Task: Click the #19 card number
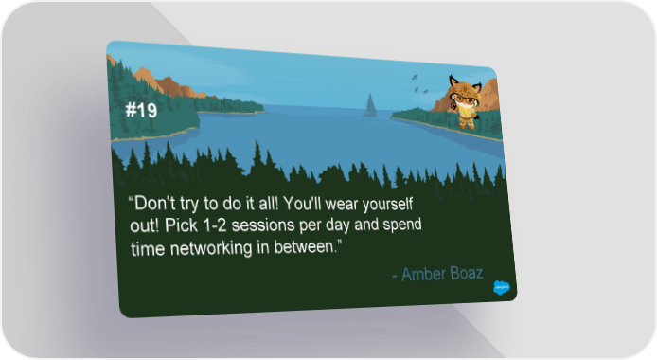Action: [x=141, y=110]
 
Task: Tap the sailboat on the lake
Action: [x=370, y=105]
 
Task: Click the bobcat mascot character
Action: [x=465, y=101]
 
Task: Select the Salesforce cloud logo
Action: [x=502, y=288]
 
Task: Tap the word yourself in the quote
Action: [x=387, y=205]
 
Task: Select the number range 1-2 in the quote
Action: [x=215, y=225]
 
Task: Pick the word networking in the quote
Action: [x=211, y=248]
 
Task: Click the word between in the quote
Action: [x=306, y=247]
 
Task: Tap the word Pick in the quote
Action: [x=181, y=225]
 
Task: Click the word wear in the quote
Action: [x=342, y=205]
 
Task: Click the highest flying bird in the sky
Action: [x=415, y=77]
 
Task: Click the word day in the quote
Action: [x=337, y=225]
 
